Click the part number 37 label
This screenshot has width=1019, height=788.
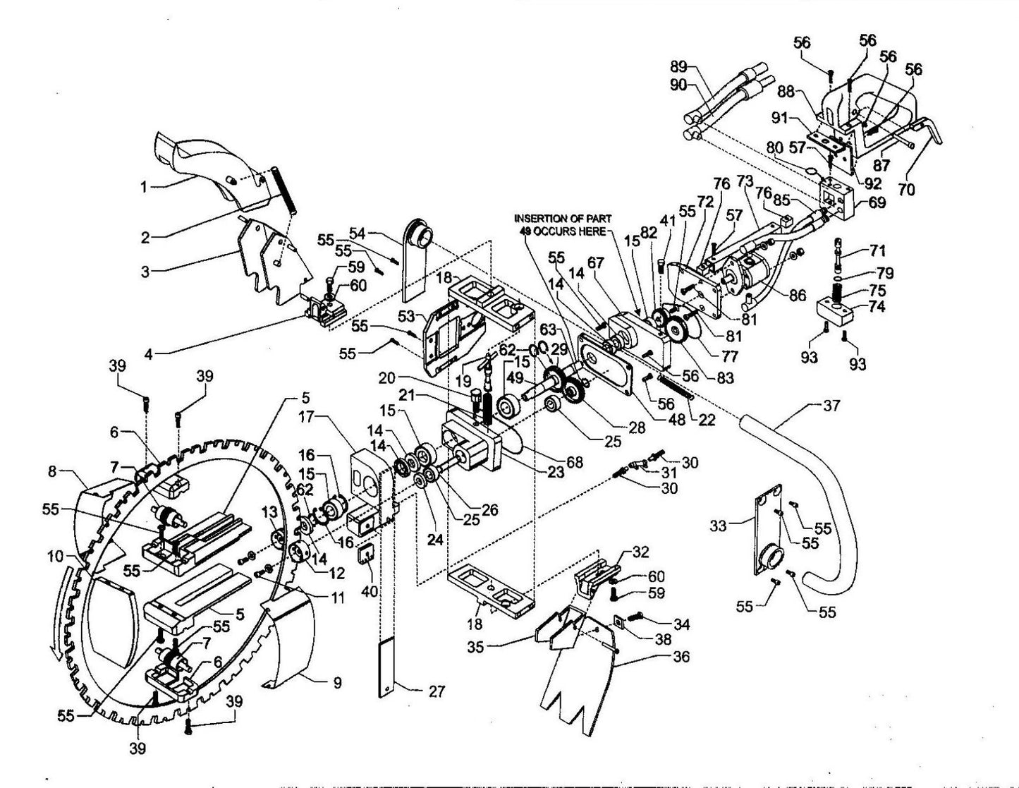(x=832, y=406)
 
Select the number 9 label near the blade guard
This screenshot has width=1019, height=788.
(x=337, y=682)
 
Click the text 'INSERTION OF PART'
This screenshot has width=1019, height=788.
(x=561, y=218)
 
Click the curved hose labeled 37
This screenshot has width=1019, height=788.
(x=832, y=494)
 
